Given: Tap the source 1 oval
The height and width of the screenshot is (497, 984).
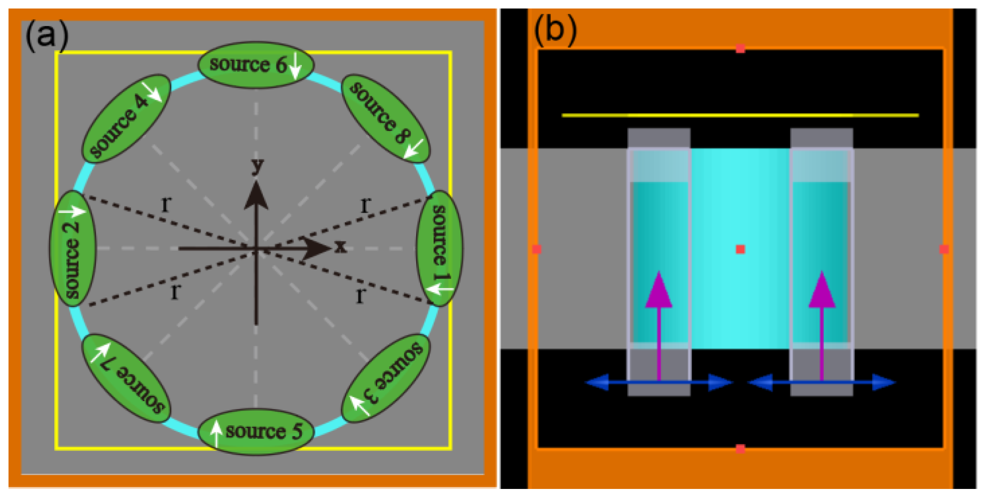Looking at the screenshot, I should click(439, 248).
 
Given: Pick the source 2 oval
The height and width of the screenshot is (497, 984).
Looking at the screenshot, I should click(72, 248).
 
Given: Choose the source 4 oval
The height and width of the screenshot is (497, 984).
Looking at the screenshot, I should click(126, 119).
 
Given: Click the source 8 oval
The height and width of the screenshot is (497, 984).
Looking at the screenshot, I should click(386, 119).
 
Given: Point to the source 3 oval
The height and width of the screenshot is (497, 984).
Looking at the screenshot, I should click(386, 378).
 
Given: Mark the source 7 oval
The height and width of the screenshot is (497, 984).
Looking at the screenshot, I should click(126, 378).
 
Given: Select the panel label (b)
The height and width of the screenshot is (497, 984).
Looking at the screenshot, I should click(555, 30).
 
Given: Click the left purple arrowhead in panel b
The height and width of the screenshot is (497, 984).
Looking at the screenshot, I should click(658, 291).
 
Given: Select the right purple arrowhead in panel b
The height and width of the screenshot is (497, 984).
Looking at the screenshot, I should click(821, 291).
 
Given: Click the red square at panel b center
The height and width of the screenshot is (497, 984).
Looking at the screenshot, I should click(740, 249).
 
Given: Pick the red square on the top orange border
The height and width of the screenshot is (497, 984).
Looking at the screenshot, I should click(740, 49).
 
